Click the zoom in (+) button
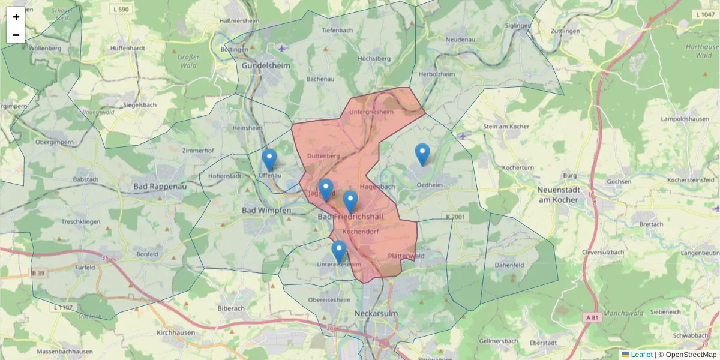point(16,17)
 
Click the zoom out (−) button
point(16,35)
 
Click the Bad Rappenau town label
point(160,187)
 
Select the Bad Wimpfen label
point(266,211)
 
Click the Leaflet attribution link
point(641,355)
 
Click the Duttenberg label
point(323,156)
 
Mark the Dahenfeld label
point(509,265)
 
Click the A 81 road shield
point(592,317)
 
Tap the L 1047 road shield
point(704,14)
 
